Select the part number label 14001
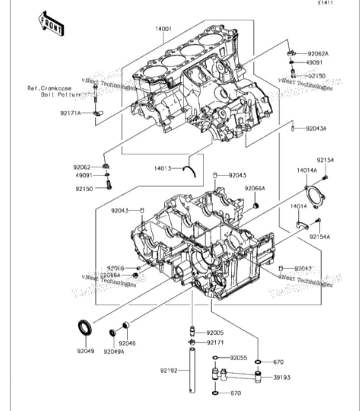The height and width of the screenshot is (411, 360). (163, 29)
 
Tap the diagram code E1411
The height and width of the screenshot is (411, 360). (325, 3)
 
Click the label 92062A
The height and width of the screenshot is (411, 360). (318, 53)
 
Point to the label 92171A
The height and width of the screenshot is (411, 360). (70, 113)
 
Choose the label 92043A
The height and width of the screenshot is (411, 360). (316, 128)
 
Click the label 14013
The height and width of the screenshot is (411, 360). (162, 168)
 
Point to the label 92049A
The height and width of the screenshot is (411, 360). (114, 351)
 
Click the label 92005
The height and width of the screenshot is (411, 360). (215, 333)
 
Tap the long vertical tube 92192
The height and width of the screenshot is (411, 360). (192, 370)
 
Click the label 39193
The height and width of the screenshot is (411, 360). (282, 378)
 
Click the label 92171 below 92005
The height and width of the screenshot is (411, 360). (215, 342)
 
